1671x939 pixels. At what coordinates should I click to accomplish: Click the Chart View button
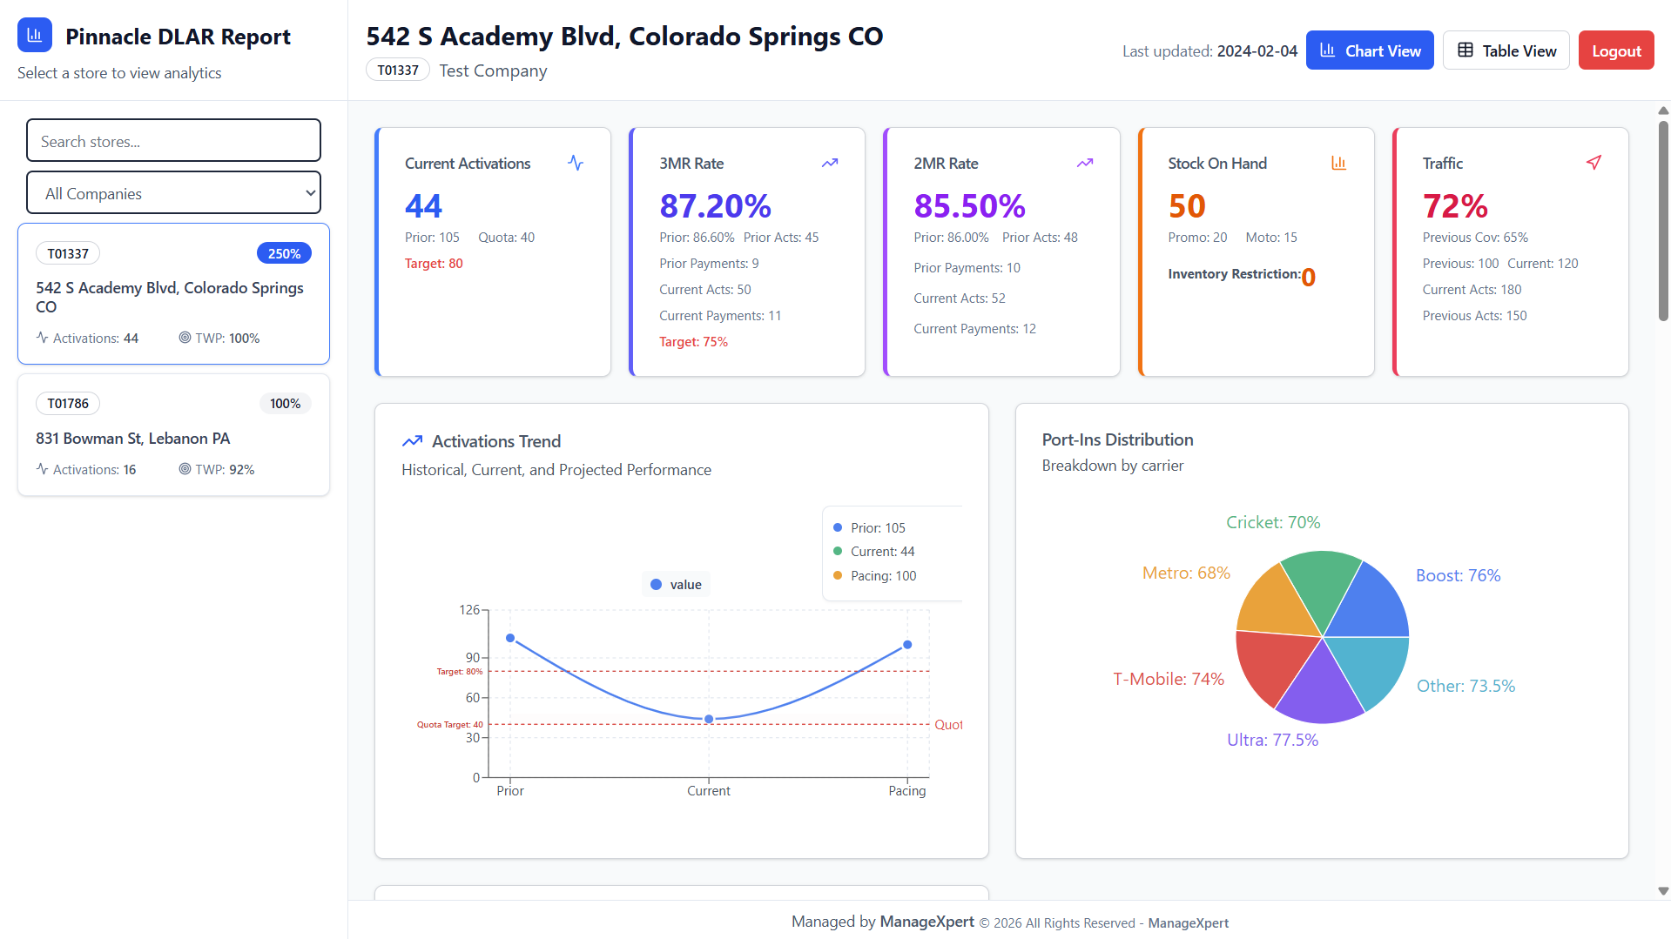[1369, 50]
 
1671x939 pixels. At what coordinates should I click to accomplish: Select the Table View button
[1506, 50]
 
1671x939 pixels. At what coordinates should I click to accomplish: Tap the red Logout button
[1615, 50]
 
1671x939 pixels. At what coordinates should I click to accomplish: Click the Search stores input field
[173, 141]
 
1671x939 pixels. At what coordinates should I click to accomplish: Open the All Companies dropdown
[173, 193]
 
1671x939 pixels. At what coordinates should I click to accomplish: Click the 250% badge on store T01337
[284, 253]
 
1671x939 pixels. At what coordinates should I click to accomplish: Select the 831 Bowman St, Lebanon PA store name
[132, 439]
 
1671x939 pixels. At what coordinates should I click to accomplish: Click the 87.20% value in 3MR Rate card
[715, 206]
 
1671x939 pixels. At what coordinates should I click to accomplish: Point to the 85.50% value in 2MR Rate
[969, 206]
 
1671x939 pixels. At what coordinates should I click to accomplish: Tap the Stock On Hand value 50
[1186, 206]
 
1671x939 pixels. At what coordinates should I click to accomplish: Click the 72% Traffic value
[1454, 206]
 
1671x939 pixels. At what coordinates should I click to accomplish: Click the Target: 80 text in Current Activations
[433, 264]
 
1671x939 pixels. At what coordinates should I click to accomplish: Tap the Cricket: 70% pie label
[1272, 522]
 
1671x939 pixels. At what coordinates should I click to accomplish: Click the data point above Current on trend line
[709, 719]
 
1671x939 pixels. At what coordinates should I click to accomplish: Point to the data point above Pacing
[907, 645]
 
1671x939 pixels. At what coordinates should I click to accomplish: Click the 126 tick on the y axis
[469, 610]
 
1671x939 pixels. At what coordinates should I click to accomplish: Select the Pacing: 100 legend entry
[882, 576]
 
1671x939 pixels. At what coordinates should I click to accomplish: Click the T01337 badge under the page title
[398, 70]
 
